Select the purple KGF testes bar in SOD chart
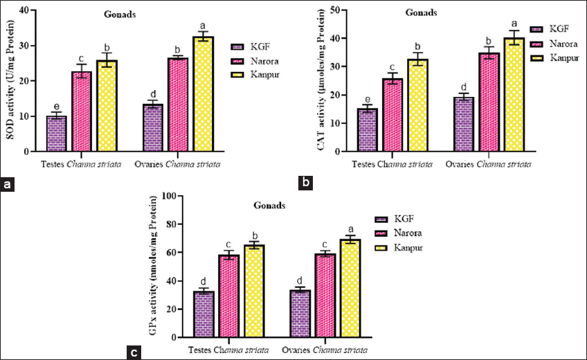(x=56, y=134)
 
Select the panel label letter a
(x=8, y=184)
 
